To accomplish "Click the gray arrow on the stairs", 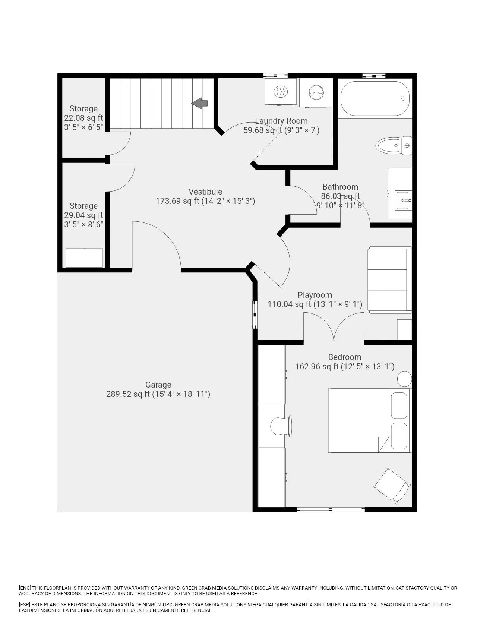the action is pyautogui.click(x=199, y=103).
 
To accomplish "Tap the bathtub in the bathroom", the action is pyautogui.click(x=375, y=98).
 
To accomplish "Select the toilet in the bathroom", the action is pyautogui.click(x=394, y=145).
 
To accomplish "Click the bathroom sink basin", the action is pyautogui.click(x=404, y=200).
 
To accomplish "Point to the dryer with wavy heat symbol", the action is pyautogui.click(x=281, y=91).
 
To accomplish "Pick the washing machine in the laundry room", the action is pyautogui.click(x=316, y=92).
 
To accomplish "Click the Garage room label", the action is pyautogui.click(x=158, y=385).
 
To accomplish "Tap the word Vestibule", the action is pyautogui.click(x=205, y=192).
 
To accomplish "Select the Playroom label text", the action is pyautogui.click(x=315, y=295).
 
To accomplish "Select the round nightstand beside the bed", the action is pyautogui.click(x=404, y=379).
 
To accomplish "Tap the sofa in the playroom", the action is pyautogui.click(x=390, y=279).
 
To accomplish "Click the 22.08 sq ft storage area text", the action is pyautogui.click(x=83, y=118).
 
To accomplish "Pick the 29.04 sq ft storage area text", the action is pyautogui.click(x=83, y=215).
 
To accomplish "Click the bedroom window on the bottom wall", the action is pyautogui.click(x=331, y=509).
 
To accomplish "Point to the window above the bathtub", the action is pyautogui.click(x=374, y=76).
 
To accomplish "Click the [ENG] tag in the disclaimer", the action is pyautogui.click(x=25, y=588).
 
